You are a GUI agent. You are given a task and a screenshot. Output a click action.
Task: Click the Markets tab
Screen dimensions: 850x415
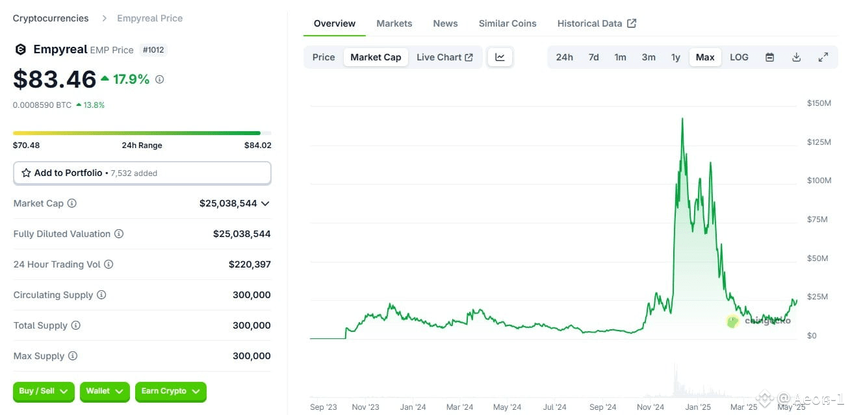pos(394,23)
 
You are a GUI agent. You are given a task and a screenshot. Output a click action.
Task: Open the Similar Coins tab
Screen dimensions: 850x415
pos(508,23)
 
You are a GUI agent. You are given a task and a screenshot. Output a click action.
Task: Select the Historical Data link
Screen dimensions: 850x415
pos(597,23)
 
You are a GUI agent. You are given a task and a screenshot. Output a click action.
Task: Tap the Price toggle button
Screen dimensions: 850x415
pos(324,57)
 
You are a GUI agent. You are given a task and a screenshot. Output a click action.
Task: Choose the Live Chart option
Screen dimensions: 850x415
pos(444,57)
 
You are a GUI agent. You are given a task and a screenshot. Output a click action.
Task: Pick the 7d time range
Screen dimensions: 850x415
pos(593,57)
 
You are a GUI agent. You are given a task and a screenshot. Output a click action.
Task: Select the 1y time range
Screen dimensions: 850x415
pos(675,57)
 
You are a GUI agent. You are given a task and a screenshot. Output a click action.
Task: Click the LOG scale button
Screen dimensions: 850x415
pos(739,57)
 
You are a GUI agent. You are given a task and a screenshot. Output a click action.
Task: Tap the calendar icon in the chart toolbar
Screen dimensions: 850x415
pos(769,57)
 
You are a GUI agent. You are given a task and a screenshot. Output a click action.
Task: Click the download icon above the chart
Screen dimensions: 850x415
pos(797,57)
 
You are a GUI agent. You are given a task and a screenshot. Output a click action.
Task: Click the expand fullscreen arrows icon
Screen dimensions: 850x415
pos(823,57)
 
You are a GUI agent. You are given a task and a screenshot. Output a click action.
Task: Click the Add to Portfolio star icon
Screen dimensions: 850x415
pos(26,173)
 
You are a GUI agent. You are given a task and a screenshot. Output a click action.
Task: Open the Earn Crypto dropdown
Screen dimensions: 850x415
pos(171,392)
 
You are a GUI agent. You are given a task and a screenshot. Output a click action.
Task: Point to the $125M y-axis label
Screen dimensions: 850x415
pos(819,142)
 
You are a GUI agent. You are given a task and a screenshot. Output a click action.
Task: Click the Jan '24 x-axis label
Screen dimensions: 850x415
pos(413,407)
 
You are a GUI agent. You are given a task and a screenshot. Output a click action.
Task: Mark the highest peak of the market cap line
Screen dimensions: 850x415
pos(682,119)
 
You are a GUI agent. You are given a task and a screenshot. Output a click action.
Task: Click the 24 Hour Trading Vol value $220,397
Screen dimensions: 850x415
pos(250,264)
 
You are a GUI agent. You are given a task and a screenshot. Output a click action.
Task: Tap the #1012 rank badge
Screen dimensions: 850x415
pos(153,50)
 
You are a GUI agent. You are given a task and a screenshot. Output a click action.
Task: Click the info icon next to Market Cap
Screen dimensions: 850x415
pos(71,203)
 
